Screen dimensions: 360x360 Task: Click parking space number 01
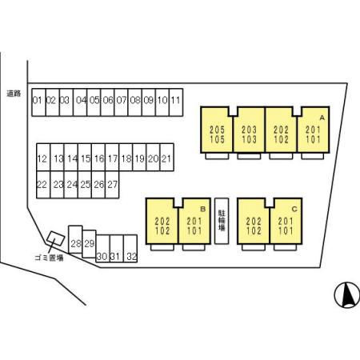click(x=38, y=102)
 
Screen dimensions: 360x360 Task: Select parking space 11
click(x=176, y=102)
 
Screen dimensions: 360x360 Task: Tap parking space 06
click(x=107, y=102)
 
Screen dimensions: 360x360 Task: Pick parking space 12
click(x=43, y=158)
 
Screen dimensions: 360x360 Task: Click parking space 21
click(x=167, y=158)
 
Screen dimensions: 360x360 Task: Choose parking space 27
click(x=112, y=185)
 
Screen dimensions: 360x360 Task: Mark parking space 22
click(x=43, y=185)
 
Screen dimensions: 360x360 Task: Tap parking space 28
click(x=75, y=239)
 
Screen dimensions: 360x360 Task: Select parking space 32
click(x=130, y=249)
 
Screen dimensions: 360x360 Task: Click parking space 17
click(x=112, y=158)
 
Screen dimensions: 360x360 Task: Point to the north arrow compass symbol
click(x=347, y=294)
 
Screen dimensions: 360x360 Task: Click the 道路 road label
click(x=14, y=94)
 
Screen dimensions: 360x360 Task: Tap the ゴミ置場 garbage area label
click(x=49, y=258)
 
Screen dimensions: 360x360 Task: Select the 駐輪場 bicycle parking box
click(x=222, y=221)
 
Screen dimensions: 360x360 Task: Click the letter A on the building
click(x=322, y=118)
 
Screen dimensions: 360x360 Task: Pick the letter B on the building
click(x=202, y=209)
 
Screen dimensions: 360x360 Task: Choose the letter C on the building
click(x=294, y=209)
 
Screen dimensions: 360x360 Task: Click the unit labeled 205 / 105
click(x=217, y=130)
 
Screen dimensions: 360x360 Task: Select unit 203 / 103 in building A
click(x=249, y=130)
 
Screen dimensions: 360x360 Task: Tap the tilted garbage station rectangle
click(x=56, y=238)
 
